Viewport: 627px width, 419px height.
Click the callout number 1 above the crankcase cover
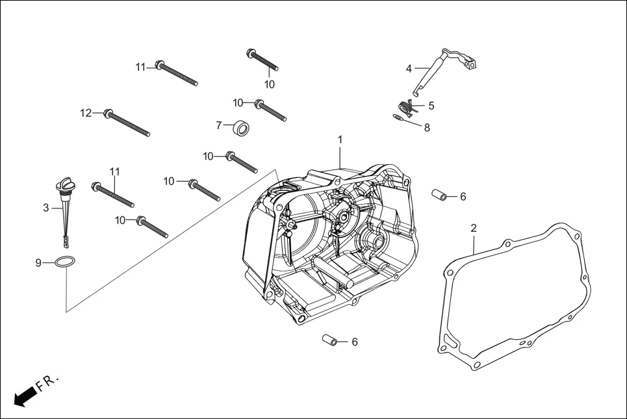339,140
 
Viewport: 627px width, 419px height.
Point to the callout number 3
45,208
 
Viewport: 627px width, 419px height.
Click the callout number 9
38,262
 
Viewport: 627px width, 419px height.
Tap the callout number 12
86,113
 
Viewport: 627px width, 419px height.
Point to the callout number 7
219,125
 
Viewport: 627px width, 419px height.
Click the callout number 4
409,68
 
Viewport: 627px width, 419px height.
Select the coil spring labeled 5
405,107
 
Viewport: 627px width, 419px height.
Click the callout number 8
427,128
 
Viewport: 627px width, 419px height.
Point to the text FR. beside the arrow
47,382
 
